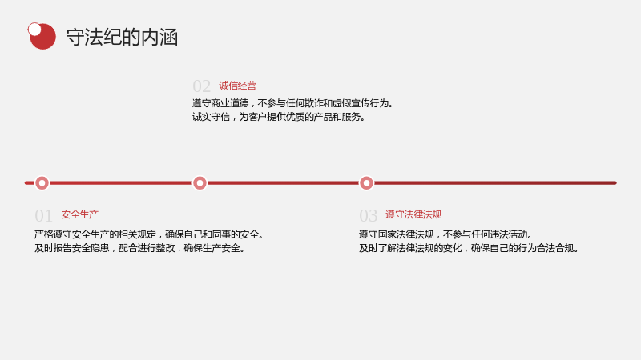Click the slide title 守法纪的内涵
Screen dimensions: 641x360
tap(122, 37)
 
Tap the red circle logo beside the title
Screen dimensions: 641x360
tap(43, 37)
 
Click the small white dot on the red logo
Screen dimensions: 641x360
tap(34, 30)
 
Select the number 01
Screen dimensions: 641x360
tap(43, 216)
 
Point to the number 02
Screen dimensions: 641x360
tap(202, 86)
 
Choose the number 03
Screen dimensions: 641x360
tap(368, 216)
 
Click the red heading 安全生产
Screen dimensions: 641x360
tap(79, 214)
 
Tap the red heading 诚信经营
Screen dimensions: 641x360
tap(237, 86)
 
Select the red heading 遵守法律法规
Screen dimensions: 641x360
tap(413, 214)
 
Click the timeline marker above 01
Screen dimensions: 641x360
tap(42, 183)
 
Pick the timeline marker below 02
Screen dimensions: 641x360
tap(200, 183)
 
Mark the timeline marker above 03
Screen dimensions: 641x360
tap(366, 183)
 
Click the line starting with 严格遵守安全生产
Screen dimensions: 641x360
tap(149, 234)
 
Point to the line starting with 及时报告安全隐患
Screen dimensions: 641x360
tap(139, 248)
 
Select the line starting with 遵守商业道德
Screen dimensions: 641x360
tap(293, 103)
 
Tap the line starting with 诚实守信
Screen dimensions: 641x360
tap(279, 117)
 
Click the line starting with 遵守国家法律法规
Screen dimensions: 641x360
tap(446, 234)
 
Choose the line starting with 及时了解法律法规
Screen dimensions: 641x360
tap(469, 248)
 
